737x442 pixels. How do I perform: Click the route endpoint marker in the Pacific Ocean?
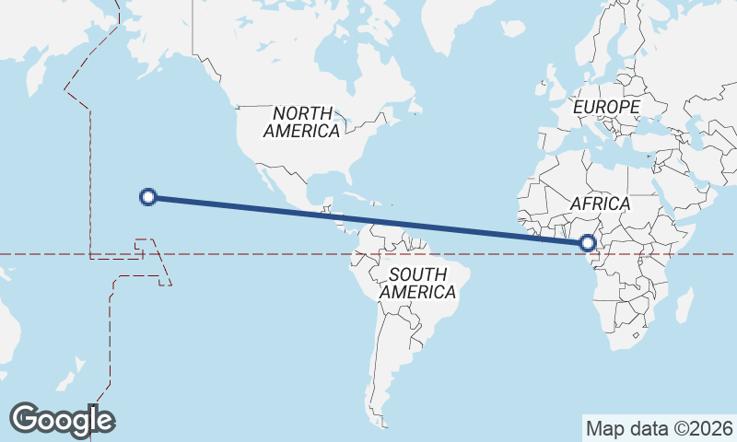[x=148, y=196]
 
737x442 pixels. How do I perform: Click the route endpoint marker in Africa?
[x=588, y=243]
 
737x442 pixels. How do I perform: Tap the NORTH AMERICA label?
[x=301, y=122]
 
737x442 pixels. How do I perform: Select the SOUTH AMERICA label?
[x=417, y=283]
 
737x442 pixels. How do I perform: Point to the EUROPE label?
[x=606, y=108]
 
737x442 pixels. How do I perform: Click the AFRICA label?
[x=600, y=204]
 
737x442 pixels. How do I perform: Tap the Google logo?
[x=62, y=420]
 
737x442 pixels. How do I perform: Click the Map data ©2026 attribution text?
[x=659, y=428]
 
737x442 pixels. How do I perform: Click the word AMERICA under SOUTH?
[x=417, y=293]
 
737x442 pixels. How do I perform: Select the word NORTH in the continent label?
[x=302, y=112]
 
